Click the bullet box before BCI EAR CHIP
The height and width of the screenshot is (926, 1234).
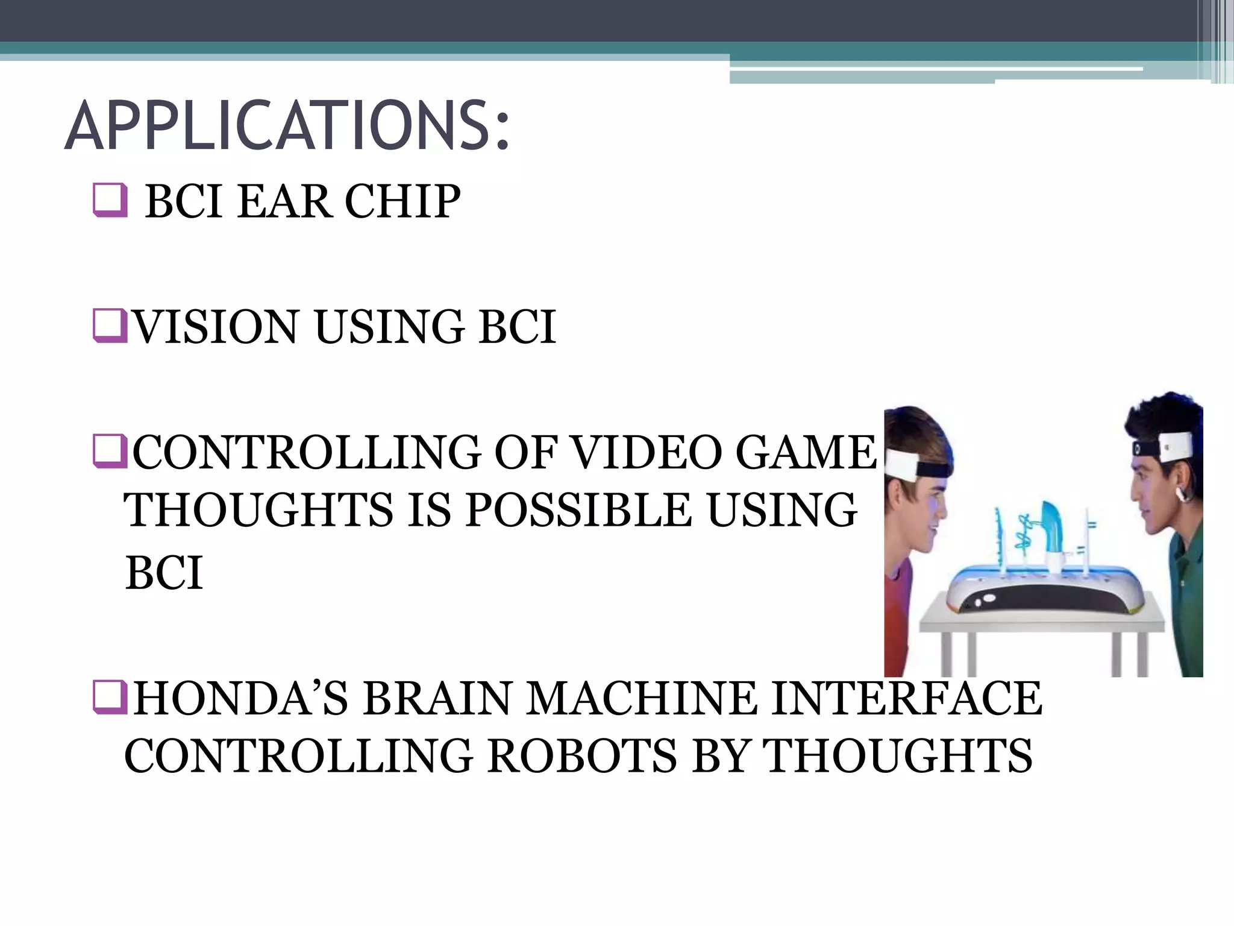[110, 200]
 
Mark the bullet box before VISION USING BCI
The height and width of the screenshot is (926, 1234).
[110, 326]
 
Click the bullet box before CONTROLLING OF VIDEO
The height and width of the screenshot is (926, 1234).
[110, 453]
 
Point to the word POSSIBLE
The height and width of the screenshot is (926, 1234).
[578, 510]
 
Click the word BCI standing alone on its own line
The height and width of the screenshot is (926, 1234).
[164, 573]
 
